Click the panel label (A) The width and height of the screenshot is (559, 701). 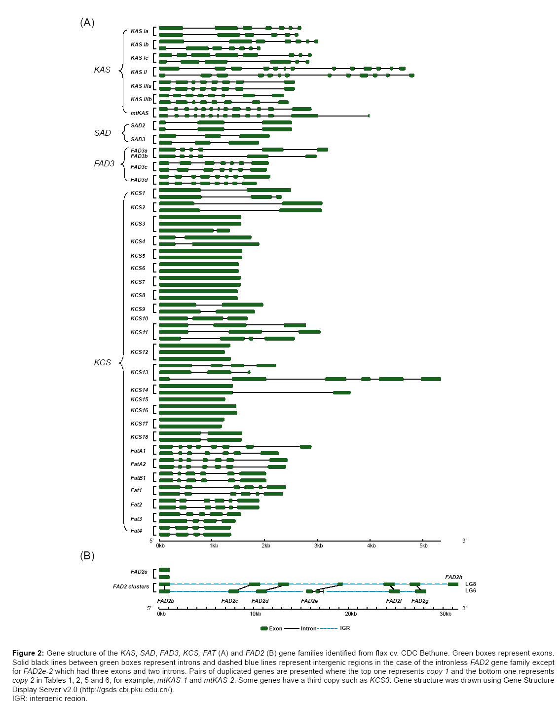pos(87,23)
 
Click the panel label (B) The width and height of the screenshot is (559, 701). pos(87,556)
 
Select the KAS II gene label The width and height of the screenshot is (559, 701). pos(139,72)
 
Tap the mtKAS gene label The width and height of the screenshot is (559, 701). pos(139,113)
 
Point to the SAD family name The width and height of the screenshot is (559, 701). pos(103,133)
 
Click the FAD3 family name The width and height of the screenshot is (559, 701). pos(104,164)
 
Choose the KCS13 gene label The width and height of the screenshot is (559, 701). pos(139,372)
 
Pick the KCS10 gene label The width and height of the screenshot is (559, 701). pos(139,318)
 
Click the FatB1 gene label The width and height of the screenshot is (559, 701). pos(138,478)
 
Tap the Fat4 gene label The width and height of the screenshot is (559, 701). pos(136,531)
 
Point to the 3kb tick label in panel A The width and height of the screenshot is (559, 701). pos(319,545)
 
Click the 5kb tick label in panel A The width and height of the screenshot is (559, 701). pos(423,545)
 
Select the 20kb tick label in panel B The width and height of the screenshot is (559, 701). pos(351,614)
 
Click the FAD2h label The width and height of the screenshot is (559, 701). pos(453,577)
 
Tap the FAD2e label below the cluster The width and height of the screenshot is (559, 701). pos(309,601)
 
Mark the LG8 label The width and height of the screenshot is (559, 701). pos(470,584)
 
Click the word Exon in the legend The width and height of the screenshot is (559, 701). pos(276,628)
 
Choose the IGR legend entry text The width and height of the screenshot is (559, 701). pos(345,628)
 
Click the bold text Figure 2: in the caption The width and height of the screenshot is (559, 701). pos(28,653)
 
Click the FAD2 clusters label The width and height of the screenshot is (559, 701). pos(131,586)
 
